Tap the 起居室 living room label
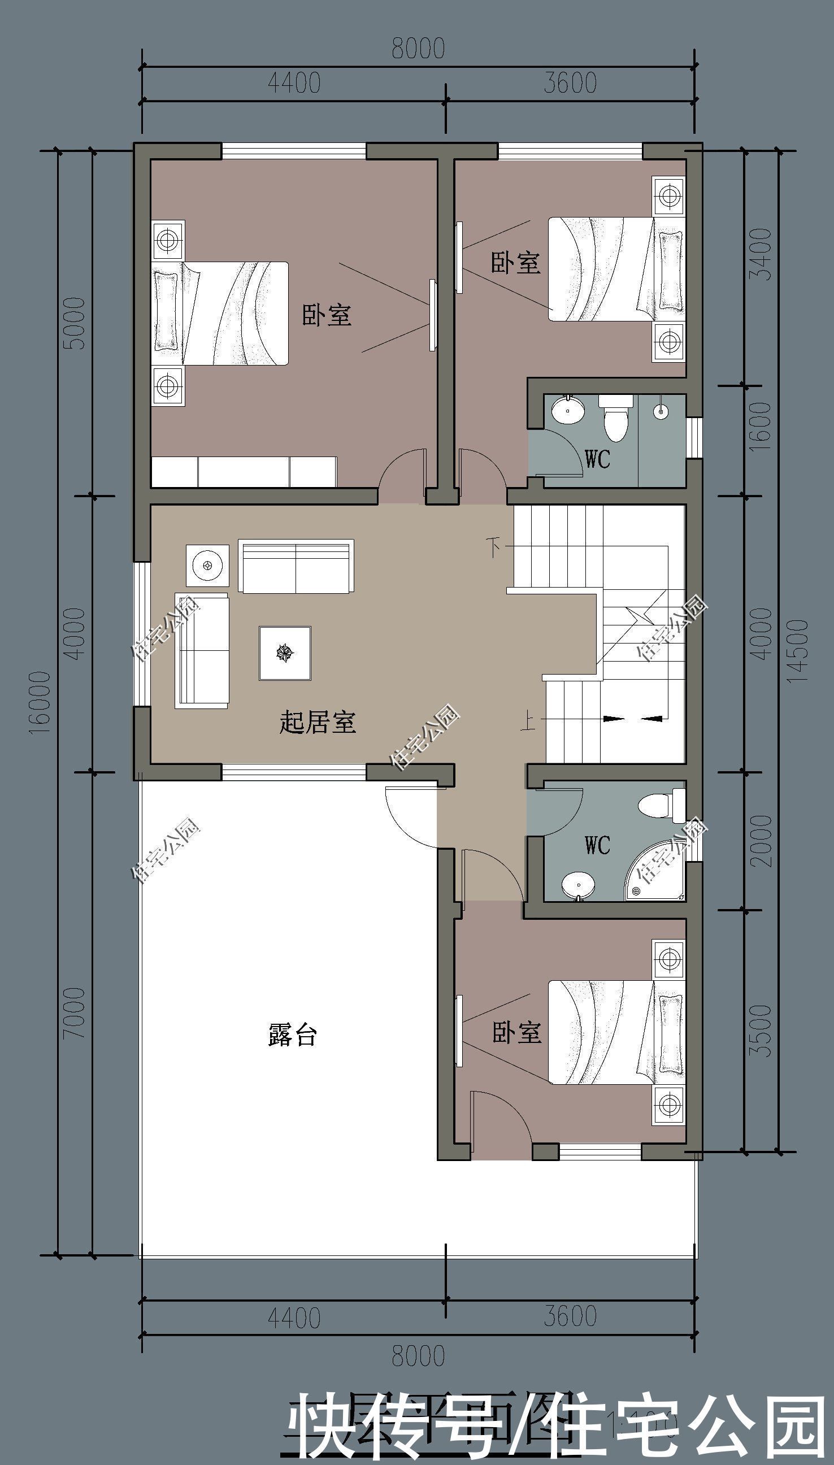(x=318, y=721)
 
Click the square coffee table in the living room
(x=285, y=653)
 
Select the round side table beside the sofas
(x=207, y=566)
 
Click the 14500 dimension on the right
(x=798, y=650)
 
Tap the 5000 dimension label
(x=75, y=324)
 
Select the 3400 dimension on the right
(x=761, y=254)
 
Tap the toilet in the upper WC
(x=616, y=420)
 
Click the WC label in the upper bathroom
(x=597, y=459)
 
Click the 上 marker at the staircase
(x=528, y=720)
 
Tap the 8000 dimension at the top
(x=418, y=49)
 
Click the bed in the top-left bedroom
(x=220, y=313)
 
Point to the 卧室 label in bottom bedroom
(x=516, y=1032)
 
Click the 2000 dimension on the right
(x=761, y=841)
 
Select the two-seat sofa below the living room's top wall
(x=296, y=566)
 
